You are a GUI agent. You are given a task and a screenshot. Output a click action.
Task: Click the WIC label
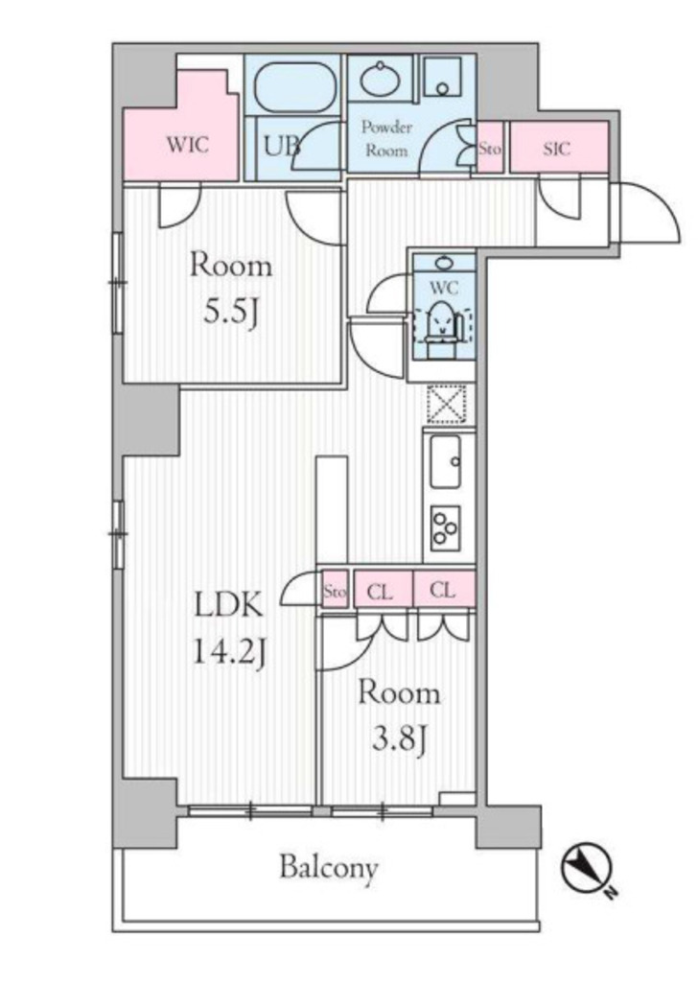click(187, 146)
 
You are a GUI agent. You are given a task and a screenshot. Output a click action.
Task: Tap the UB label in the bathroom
click(282, 146)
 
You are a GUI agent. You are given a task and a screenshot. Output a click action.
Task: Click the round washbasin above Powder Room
click(380, 80)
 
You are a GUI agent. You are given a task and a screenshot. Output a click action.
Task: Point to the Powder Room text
click(387, 139)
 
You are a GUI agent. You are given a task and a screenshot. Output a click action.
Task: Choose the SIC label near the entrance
click(556, 149)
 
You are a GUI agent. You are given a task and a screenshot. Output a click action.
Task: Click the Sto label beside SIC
click(490, 149)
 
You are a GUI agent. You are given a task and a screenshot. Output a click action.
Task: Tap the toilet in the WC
click(443, 330)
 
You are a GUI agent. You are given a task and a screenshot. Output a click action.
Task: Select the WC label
click(444, 288)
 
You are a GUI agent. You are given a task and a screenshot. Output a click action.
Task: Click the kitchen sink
click(446, 462)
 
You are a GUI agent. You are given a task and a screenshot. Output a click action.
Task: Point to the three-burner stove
click(446, 528)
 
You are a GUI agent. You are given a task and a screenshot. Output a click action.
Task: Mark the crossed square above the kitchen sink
click(447, 404)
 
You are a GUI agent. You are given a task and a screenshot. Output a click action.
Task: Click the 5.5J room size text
click(231, 311)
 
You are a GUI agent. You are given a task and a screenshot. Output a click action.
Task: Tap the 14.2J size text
click(230, 652)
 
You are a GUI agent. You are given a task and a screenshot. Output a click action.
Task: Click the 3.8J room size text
click(400, 740)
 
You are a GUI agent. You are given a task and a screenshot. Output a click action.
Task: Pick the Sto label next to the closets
click(335, 591)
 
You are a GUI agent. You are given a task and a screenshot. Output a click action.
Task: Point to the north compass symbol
click(587, 869)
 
